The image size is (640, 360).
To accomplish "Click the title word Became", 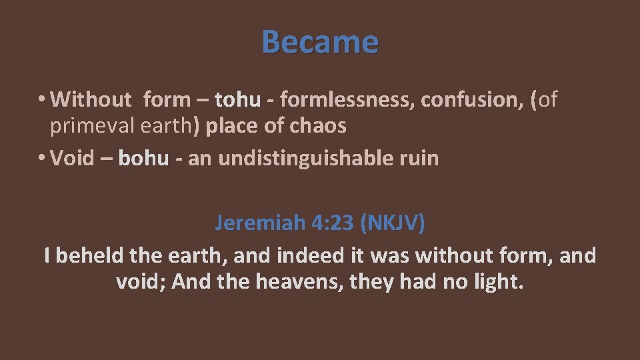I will tap(320, 41).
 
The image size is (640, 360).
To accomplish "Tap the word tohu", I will tap(237, 100).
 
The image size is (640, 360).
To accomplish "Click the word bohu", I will tap(143, 159).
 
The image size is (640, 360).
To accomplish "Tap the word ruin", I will tap(420, 159).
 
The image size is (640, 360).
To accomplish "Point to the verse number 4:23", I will tap(333, 223).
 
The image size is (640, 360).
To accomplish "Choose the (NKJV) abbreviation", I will tap(392, 223).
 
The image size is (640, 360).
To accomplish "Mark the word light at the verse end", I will tap(499, 282).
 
